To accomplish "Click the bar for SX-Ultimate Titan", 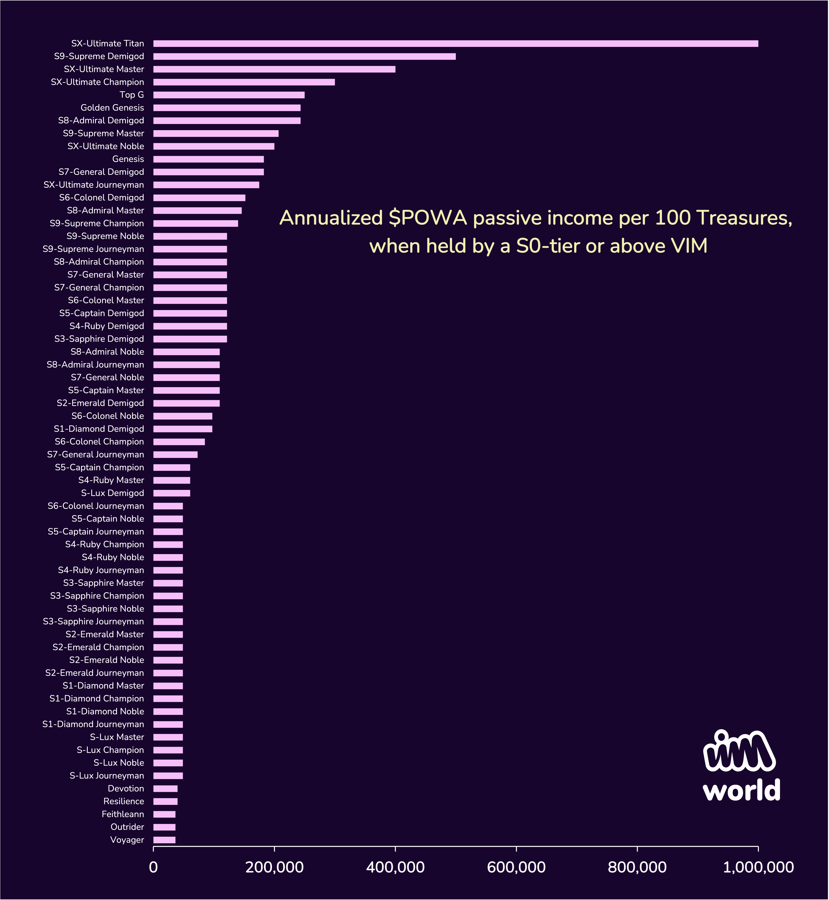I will coord(455,44).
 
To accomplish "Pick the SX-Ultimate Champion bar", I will coord(244,82).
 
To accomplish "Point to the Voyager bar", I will coord(164,840).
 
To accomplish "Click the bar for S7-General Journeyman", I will coord(175,455).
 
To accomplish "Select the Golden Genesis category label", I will coord(112,108).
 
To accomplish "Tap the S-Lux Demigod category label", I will coord(113,493).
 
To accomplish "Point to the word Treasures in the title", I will coord(744,218).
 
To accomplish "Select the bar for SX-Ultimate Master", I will coord(274,69).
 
